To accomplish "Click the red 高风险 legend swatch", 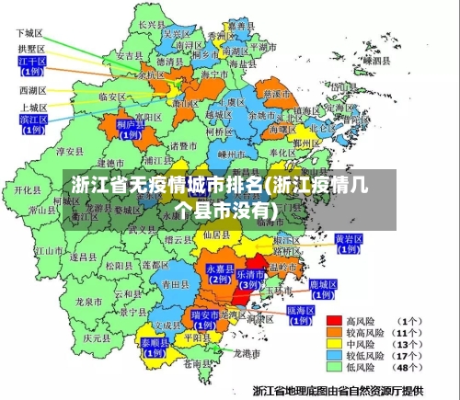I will (336, 322).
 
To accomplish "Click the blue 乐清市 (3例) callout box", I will (249, 280).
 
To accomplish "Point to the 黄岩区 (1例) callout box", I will (348, 243).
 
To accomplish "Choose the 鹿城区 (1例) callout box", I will (323, 290).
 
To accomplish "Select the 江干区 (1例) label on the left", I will (31, 65).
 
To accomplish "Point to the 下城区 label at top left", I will (30, 32).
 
